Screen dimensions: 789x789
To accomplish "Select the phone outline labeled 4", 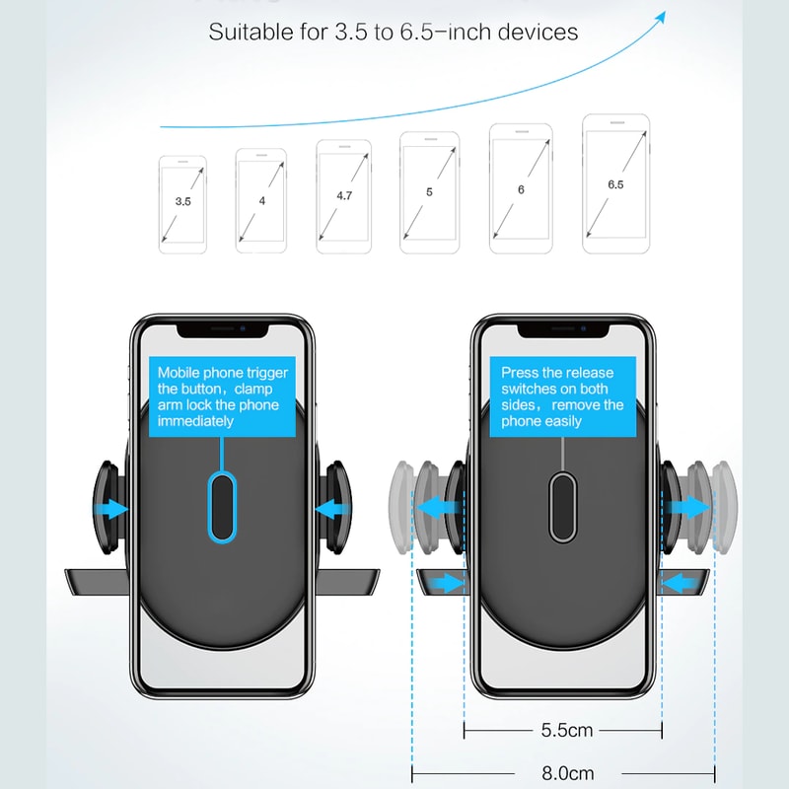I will (261, 201).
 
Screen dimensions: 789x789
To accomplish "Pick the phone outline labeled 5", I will (429, 193).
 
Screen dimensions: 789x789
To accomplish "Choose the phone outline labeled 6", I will (521, 188).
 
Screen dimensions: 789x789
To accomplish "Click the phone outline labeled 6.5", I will (615, 184).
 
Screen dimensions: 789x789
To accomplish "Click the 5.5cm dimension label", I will (567, 731).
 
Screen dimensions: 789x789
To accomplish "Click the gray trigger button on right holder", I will (562, 506).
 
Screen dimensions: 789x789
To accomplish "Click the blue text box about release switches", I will (562, 396).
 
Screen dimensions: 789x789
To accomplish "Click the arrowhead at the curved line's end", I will (660, 18).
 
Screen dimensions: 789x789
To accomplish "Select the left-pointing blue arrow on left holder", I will (331, 509).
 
